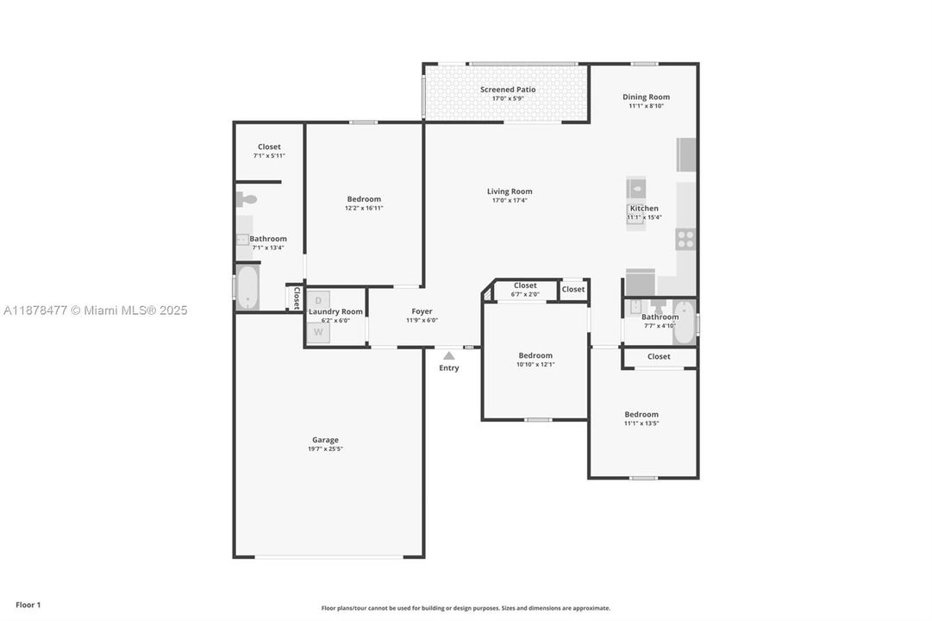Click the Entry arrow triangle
[x=448, y=355]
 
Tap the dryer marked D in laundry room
[x=317, y=299]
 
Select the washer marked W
[x=317, y=331]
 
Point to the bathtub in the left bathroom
[x=247, y=287]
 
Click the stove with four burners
[x=685, y=239]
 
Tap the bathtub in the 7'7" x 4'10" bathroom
[x=684, y=323]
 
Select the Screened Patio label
[x=508, y=90]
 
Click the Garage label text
[x=325, y=440]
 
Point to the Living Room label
[x=510, y=191]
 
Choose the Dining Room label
[x=646, y=97]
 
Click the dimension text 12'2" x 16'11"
[x=363, y=208]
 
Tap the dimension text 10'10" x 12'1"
[x=535, y=364]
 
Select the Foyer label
[x=422, y=311]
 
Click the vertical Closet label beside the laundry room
[x=296, y=298]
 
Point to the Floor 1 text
[x=28, y=605]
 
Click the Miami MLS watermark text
[x=95, y=310]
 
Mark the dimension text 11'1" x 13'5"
[x=641, y=423]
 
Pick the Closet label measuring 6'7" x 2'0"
[x=525, y=285]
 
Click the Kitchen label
[x=644, y=209]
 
